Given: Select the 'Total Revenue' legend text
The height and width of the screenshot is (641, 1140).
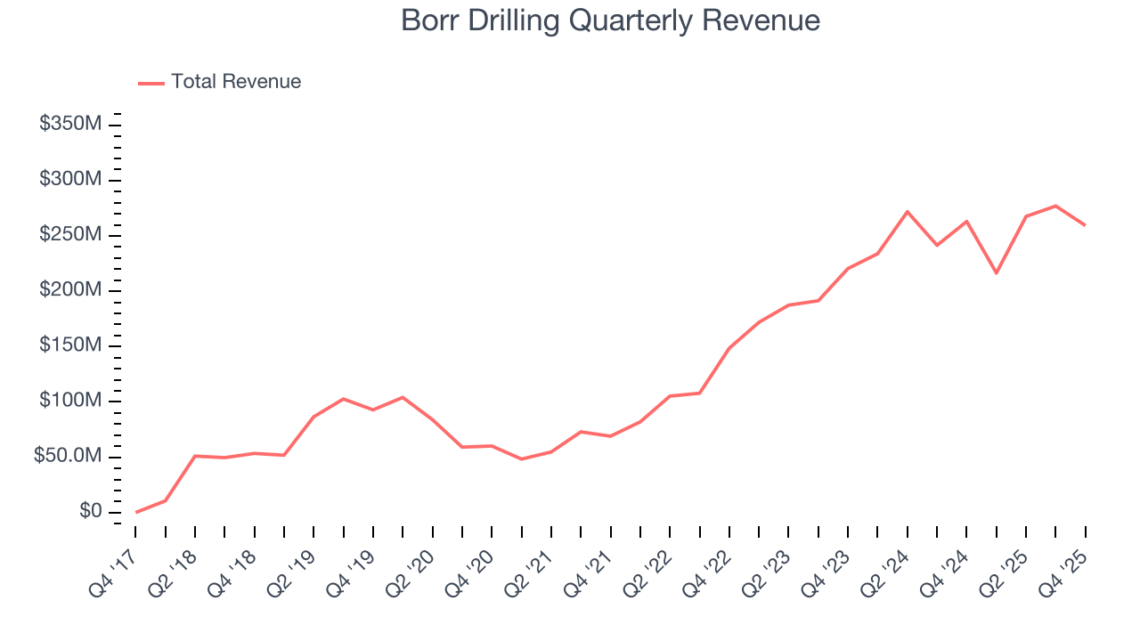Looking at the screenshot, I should tap(236, 82).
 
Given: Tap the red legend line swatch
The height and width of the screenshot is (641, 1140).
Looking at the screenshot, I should tap(151, 83).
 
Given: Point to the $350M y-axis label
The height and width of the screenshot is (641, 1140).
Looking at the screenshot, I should tap(70, 124).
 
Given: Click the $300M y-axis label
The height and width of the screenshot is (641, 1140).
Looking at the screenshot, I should tap(70, 180).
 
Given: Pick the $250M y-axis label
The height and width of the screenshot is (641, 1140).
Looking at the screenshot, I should tap(70, 235).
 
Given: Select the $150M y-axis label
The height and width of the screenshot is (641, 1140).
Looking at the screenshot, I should tap(70, 345).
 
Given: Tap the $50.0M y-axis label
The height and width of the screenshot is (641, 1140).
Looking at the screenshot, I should tap(68, 457).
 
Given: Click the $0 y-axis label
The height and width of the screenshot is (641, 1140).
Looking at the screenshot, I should tap(89, 512).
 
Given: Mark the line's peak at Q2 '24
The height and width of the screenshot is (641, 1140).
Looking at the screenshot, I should tap(907, 212).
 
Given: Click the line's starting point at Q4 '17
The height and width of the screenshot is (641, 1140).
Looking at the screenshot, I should tap(135, 512).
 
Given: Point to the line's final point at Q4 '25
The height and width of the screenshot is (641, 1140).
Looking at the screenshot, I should tap(1085, 225).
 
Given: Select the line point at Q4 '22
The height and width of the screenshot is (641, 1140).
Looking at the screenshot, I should tap(729, 348).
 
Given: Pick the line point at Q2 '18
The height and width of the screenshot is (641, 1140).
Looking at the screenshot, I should tap(195, 456).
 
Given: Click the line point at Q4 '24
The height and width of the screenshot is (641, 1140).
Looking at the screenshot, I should tap(966, 222).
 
